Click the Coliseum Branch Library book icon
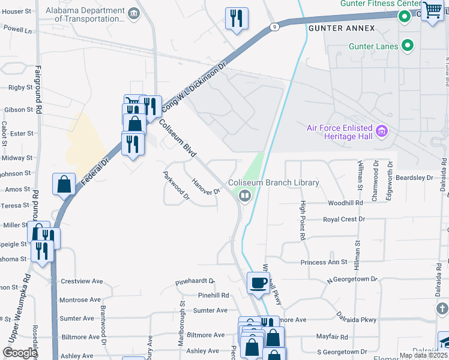tap(244, 196)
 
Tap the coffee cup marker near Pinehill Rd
tap(259, 283)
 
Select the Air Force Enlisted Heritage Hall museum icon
tap(381, 131)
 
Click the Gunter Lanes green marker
tap(408, 45)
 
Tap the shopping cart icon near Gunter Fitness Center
tap(432, 10)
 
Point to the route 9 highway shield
tap(274, 26)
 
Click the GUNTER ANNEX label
tap(342, 28)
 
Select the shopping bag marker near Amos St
tap(64, 185)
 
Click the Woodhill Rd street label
tap(346, 203)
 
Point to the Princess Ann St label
tap(327, 262)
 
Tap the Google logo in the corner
tap(20, 353)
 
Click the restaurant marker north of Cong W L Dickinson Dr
tap(237, 18)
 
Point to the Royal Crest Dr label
tap(344, 219)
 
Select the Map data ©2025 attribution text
tap(423, 355)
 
